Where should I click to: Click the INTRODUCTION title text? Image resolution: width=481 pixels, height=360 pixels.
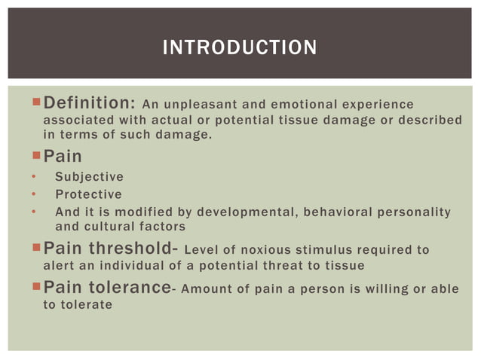tap(240, 48)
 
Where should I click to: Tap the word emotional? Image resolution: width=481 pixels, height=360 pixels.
tap(298, 105)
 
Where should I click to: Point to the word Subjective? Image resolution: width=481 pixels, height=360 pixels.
tap(89, 177)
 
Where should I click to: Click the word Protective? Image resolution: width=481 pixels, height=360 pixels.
tap(88, 194)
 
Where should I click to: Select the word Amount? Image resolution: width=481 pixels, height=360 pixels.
tap(204, 289)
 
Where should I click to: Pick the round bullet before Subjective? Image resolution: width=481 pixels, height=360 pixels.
tap(34, 177)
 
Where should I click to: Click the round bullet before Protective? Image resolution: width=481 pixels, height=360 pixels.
tap(34, 194)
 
